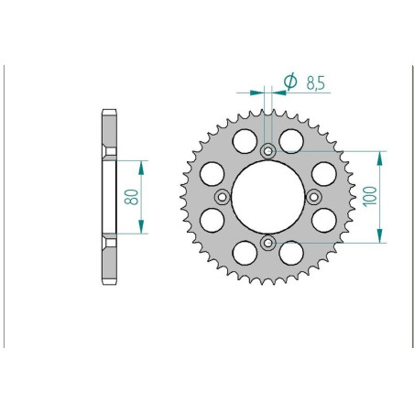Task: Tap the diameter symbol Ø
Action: [289, 82]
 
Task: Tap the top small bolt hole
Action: [267, 151]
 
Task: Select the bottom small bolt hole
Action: [267, 242]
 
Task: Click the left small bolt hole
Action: [222, 196]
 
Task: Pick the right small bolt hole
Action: [313, 196]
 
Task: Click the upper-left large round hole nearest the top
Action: [245, 140]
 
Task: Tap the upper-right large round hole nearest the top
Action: [291, 140]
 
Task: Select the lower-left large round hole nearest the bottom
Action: [245, 253]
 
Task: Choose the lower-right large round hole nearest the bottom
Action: [291, 253]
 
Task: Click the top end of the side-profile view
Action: [109, 114]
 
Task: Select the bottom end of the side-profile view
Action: [109, 280]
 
